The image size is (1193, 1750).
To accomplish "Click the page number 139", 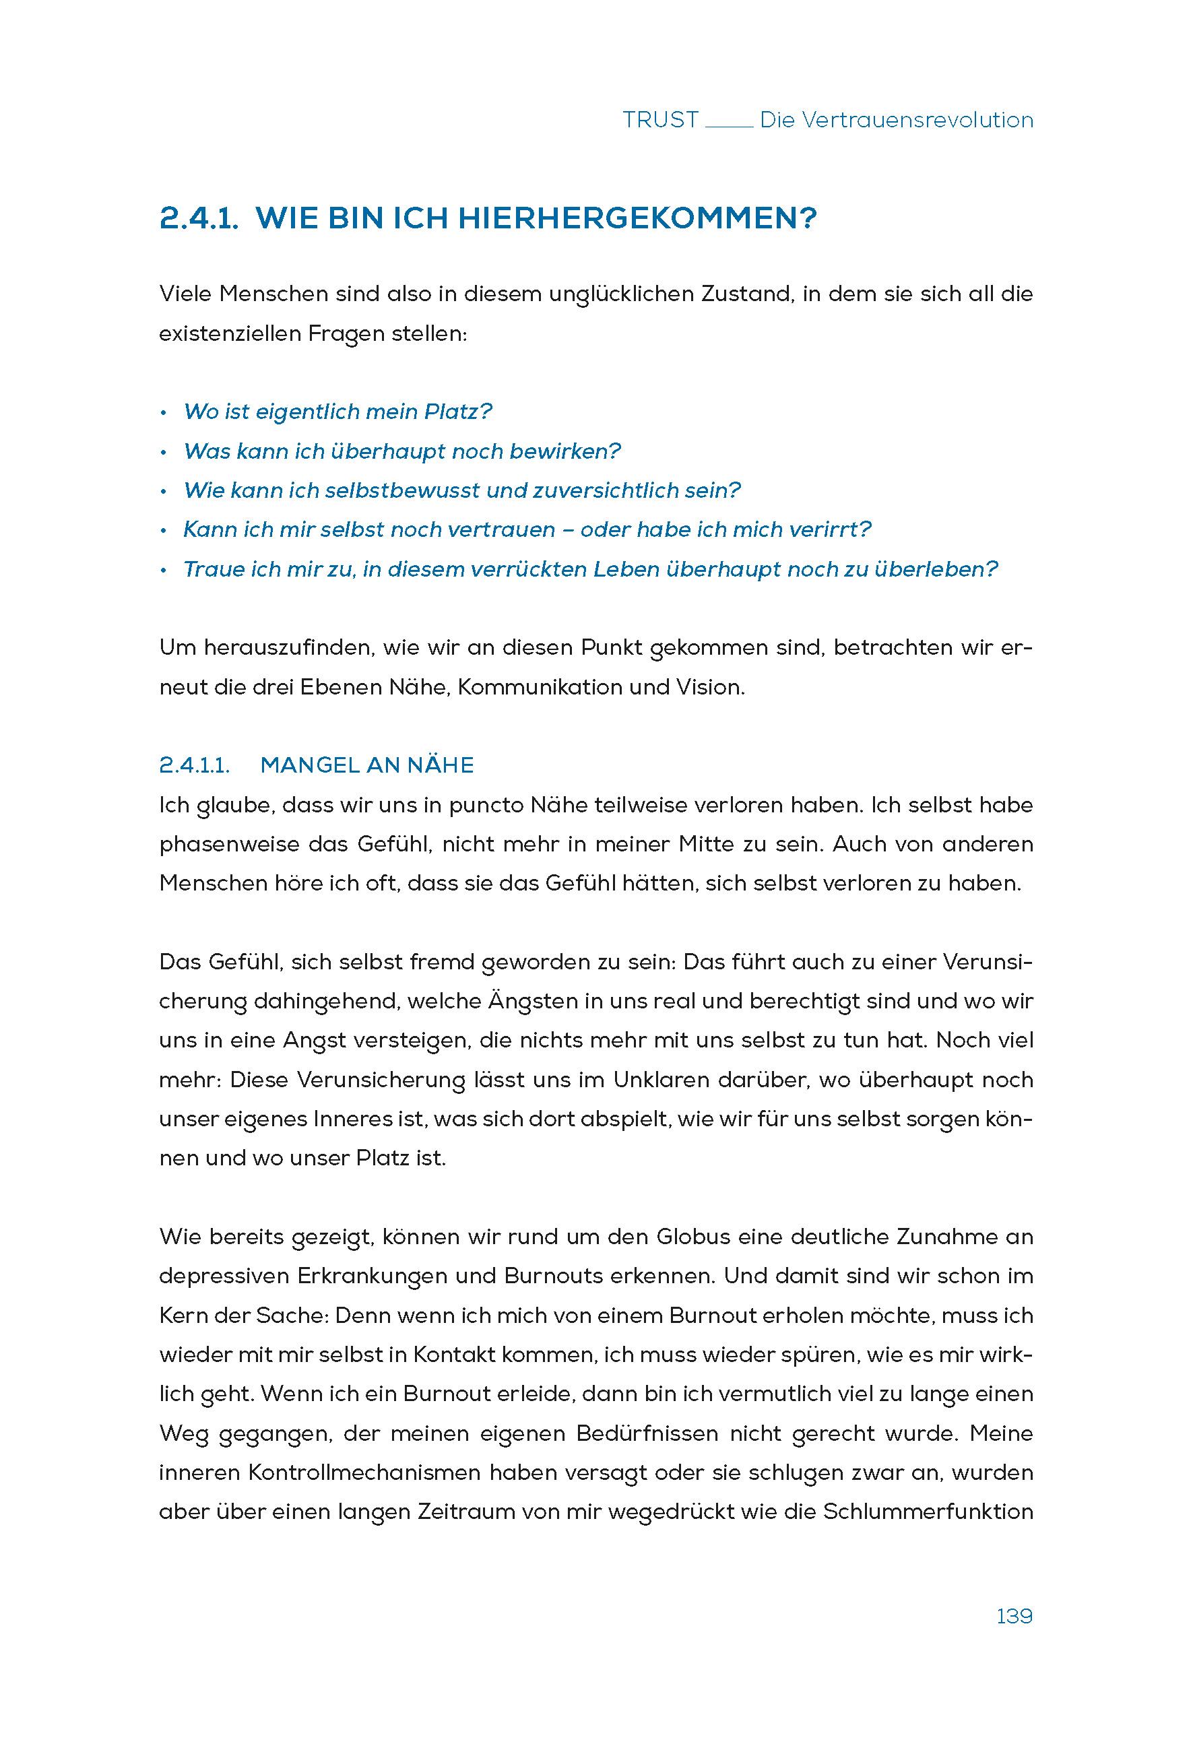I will [1014, 1617].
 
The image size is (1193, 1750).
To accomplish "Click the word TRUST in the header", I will [661, 121].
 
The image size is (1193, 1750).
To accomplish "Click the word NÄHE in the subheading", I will [441, 766].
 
